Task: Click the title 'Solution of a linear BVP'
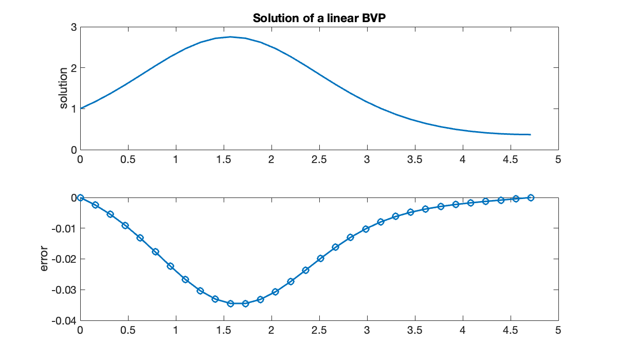coord(319,19)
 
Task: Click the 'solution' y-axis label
coord(64,88)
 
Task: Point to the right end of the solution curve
coord(530,135)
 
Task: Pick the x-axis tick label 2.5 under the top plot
coord(319,160)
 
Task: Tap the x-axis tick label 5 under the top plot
coord(558,160)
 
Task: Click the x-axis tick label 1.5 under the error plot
coord(223,331)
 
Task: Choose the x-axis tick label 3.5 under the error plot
coord(414,331)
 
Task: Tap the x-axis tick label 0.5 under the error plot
coord(128,331)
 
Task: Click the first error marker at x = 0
coord(80,197)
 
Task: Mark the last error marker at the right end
coord(531,197)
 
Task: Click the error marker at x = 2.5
coord(320,259)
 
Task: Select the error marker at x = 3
coord(366,229)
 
